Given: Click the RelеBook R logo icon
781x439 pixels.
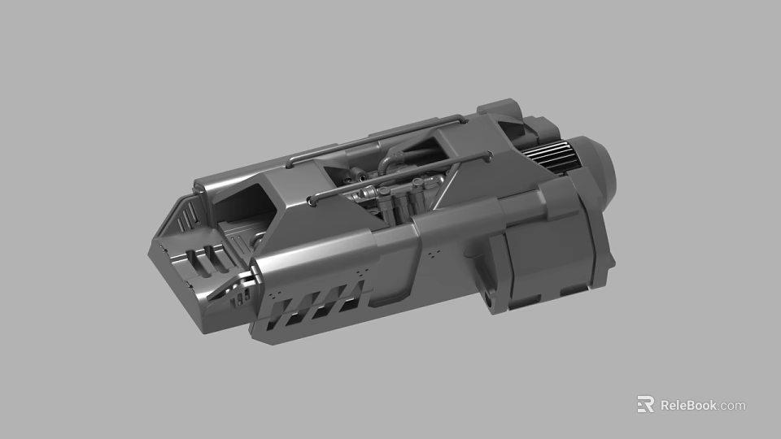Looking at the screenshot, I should (x=645, y=404).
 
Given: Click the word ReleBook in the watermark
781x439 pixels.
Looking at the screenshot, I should (x=688, y=405).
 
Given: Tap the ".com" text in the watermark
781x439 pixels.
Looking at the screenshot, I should (x=732, y=405).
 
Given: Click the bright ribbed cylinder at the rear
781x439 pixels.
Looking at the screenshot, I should (x=550, y=158).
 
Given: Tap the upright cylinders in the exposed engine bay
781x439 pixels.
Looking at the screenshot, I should (x=399, y=203).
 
